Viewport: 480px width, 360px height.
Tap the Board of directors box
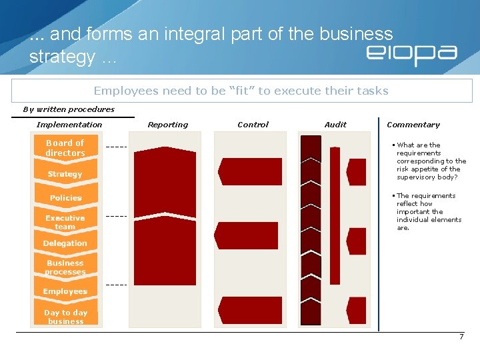[x=65, y=148]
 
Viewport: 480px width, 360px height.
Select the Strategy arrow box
[x=65, y=174]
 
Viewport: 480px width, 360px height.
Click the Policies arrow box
[x=65, y=198]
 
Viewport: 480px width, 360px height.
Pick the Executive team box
[x=65, y=222]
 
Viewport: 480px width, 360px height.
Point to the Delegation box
[x=65, y=243]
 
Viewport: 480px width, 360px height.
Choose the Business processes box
[x=65, y=267]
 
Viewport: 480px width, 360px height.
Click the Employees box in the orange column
[x=65, y=291]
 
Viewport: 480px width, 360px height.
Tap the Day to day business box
[x=65, y=317]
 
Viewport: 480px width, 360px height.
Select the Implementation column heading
[x=69, y=125]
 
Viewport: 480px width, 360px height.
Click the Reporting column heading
[x=168, y=125]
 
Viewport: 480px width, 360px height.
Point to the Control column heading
[x=253, y=125]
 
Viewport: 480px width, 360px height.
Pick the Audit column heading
[x=335, y=125]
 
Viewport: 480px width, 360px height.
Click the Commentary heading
[x=413, y=125]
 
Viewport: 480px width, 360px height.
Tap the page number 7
[x=461, y=337]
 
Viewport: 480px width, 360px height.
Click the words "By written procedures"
[x=69, y=109]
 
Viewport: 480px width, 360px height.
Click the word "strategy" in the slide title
[x=62, y=57]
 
